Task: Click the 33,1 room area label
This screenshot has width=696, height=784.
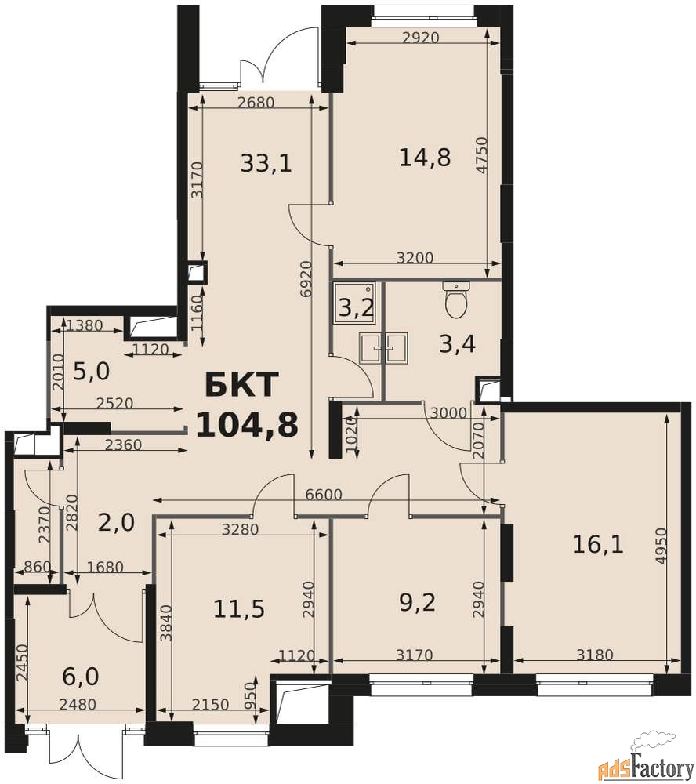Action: (266, 163)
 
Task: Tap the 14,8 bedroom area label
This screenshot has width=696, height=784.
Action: (425, 157)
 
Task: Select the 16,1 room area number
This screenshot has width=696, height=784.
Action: (597, 544)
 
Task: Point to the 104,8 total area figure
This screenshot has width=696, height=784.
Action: (247, 425)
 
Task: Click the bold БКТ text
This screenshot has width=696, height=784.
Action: (241, 385)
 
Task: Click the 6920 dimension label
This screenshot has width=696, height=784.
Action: (306, 278)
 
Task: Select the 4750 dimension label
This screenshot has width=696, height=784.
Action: (481, 155)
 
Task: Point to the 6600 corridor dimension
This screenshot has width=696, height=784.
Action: (324, 495)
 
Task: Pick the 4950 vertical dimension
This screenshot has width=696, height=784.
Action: (661, 546)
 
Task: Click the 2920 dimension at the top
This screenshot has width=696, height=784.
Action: (420, 38)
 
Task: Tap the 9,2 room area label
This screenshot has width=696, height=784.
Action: (418, 602)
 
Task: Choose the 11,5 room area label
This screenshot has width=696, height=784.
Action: (239, 609)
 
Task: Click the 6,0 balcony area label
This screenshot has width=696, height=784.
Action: (81, 677)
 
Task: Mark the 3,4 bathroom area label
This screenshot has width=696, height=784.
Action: (457, 344)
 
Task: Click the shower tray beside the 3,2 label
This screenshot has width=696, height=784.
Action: (354, 302)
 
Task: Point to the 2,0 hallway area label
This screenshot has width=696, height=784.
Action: (116, 523)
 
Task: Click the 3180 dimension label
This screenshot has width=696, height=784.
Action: (594, 655)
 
